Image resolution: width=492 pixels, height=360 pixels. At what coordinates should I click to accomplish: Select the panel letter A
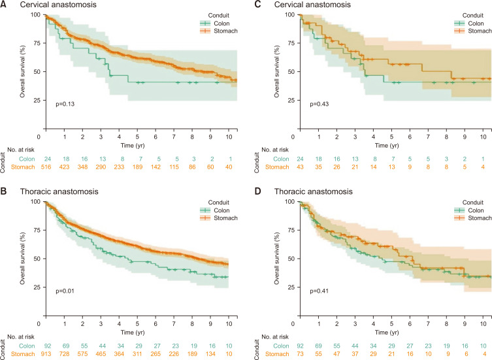(5, 5)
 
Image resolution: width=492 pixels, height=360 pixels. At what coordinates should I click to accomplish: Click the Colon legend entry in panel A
(214, 22)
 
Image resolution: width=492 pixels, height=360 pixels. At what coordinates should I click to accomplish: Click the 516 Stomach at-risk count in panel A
(46, 167)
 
